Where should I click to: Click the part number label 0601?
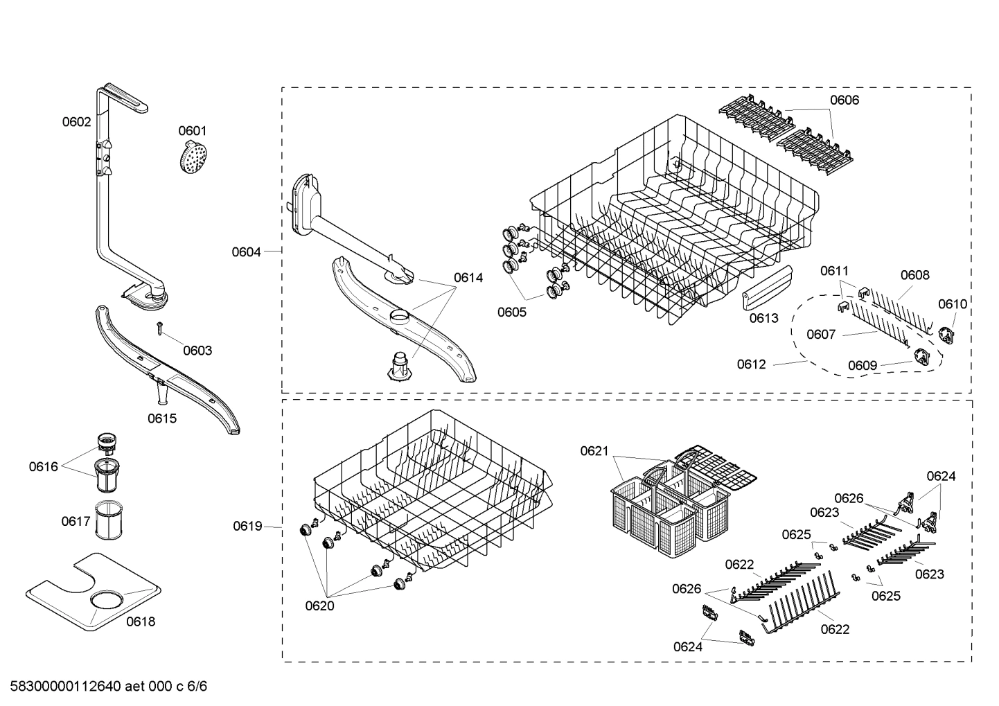click(192, 131)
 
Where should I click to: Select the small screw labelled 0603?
click(159, 328)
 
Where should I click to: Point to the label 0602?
click(76, 122)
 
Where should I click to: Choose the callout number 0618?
click(141, 621)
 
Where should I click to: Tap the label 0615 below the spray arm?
click(162, 418)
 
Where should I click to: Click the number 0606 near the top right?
click(845, 100)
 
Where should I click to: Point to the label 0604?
click(246, 252)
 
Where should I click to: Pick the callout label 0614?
click(468, 278)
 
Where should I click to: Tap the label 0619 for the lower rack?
click(247, 527)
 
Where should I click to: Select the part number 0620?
click(319, 606)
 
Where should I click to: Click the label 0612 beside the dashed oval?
click(751, 364)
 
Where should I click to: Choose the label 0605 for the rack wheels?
click(511, 312)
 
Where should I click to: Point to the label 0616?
click(43, 467)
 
